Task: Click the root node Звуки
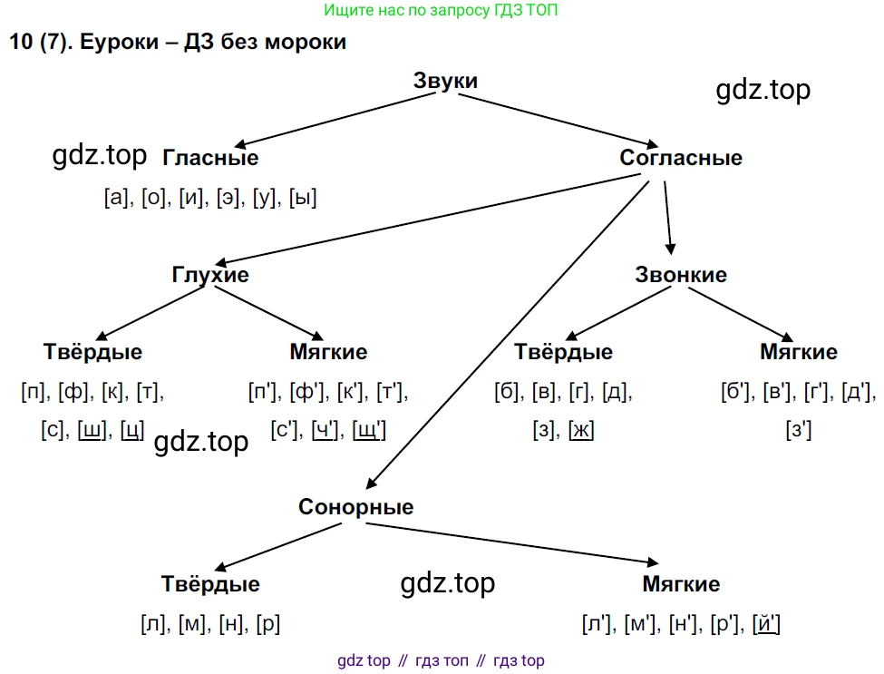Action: (x=445, y=81)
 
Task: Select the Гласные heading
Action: (x=210, y=158)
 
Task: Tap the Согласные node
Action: (x=681, y=158)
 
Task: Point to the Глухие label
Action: (x=210, y=275)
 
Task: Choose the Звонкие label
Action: (x=681, y=275)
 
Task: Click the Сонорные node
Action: (x=355, y=507)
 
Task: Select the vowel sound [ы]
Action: (x=302, y=198)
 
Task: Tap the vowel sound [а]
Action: (x=118, y=198)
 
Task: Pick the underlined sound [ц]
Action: (x=131, y=430)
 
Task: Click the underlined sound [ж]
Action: (x=581, y=430)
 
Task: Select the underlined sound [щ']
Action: (x=369, y=430)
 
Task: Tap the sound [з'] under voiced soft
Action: (x=799, y=430)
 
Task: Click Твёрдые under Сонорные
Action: (x=210, y=584)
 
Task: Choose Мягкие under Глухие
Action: (x=328, y=352)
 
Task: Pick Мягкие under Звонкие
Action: (x=799, y=352)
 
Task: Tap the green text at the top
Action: (x=442, y=11)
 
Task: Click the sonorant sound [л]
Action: (x=151, y=624)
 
